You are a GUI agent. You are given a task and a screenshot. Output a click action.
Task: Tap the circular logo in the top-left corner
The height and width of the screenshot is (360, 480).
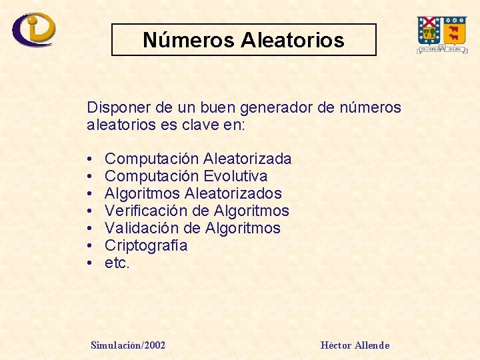coord(34,29)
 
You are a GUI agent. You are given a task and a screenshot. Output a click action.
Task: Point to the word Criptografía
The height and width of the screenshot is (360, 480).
coord(146,246)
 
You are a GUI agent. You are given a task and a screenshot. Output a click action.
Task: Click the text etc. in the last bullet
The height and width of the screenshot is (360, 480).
coord(117,263)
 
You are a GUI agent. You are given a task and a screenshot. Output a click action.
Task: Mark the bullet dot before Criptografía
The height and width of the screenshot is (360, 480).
coord(89,246)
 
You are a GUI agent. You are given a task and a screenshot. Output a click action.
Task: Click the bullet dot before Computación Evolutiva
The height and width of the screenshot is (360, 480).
coord(89,176)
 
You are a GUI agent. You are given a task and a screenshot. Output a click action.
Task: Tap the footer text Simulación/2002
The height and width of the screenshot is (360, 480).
coord(128,345)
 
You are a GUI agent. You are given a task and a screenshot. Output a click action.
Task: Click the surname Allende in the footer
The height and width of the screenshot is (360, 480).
coord(372,345)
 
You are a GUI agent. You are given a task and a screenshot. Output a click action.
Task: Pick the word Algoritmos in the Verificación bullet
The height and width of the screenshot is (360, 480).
coord(251,211)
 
